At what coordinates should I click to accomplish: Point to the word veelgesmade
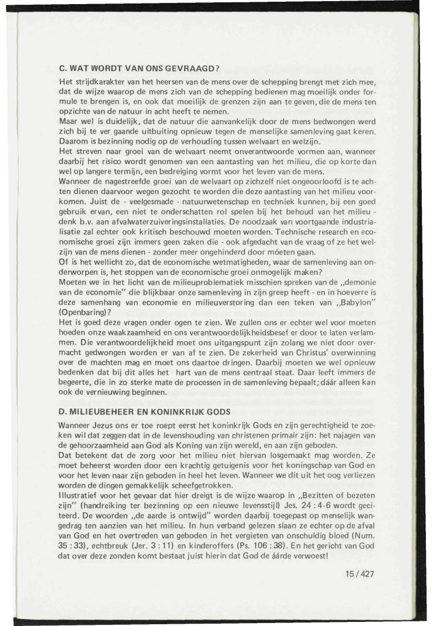(122, 222)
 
